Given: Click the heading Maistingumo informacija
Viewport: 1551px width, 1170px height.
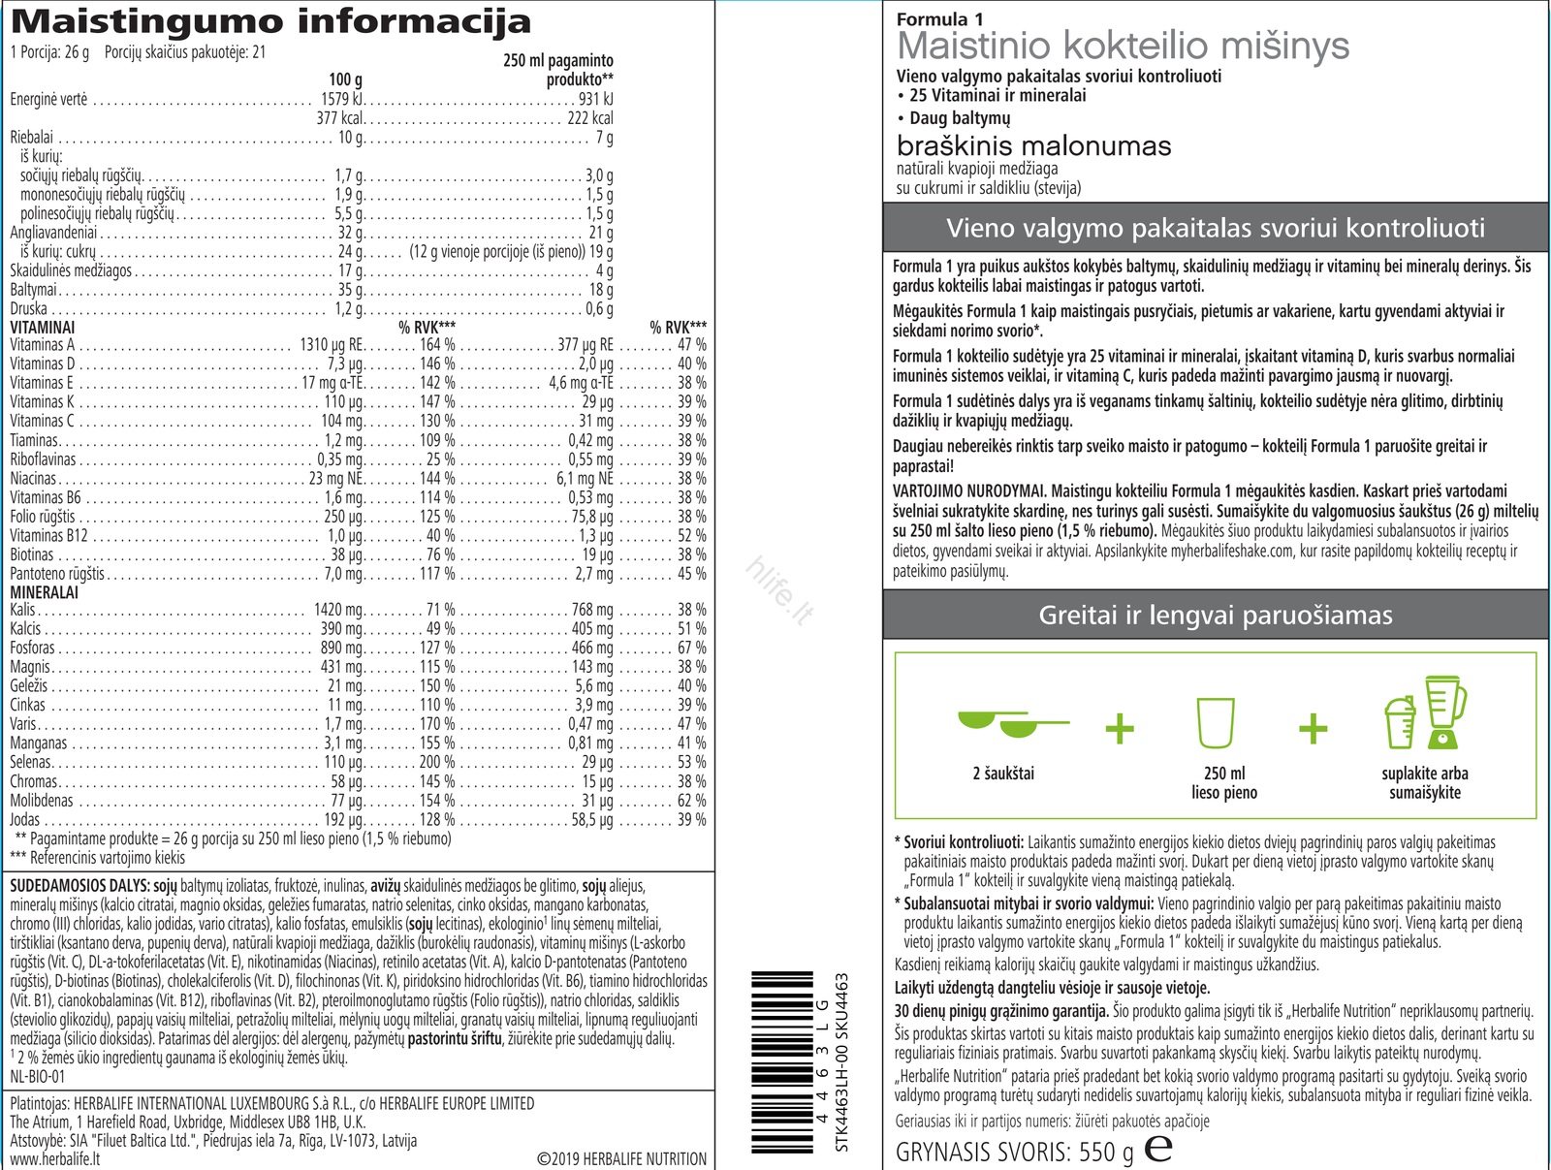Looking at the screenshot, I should click(x=270, y=20).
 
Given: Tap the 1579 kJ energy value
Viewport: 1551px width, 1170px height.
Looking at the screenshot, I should click(x=341, y=99).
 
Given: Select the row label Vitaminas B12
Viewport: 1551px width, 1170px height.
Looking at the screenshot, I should click(x=48, y=536).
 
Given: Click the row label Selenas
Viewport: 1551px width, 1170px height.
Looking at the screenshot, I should click(x=30, y=763).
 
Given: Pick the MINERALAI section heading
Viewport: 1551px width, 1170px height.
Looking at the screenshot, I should click(x=45, y=592).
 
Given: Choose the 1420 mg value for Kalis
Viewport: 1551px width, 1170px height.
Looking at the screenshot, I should click(x=338, y=611).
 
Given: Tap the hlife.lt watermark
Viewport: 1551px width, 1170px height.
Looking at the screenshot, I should click(x=778, y=590).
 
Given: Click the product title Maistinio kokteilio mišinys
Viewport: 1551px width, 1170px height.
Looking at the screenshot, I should click(x=1123, y=46).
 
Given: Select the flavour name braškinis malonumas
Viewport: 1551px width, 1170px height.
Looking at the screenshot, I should click(x=1033, y=146).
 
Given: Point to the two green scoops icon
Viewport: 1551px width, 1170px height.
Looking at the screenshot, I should click(x=1011, y=723).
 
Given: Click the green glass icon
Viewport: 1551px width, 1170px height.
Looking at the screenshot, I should click(x=1216, y=723).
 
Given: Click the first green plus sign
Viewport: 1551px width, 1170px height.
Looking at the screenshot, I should click(x=1120, y=728).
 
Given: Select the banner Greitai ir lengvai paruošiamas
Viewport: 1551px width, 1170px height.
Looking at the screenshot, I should click(x=1216, y=616).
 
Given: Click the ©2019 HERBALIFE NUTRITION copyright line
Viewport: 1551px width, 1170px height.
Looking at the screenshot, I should click(x=621, y=1159).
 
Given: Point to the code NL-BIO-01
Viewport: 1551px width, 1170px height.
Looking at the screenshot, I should click(x=38, y=1077).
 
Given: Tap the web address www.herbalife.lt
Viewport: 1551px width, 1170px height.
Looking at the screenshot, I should click(x=54, y=1159).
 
